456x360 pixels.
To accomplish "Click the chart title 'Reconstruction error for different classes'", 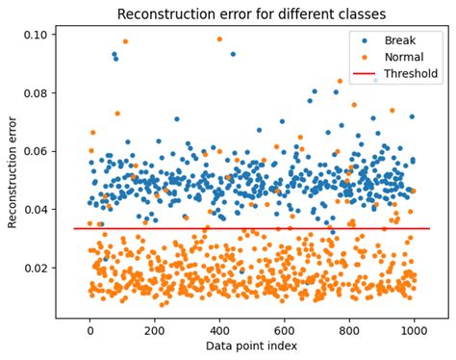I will (x=251, y=14).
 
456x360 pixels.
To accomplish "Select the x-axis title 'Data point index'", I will (x=251, y=346).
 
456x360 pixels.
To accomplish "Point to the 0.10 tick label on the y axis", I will (x=38, y=35).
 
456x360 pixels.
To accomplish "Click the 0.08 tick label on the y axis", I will (x=38, y=93).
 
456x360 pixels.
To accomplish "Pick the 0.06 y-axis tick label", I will (x=38, y=151).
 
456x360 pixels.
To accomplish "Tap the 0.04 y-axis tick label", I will (x=38, y=210).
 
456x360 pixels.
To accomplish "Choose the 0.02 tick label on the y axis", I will (x=38, y=269).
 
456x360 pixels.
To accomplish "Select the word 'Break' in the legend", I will (x=400, y=40).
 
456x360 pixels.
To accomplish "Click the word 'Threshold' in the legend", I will (x=412, y=73).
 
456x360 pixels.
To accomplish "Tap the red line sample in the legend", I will (x=366, y=73).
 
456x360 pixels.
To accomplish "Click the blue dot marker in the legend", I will (x=366, y=40).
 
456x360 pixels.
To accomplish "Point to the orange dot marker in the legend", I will (x=366, y=57).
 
